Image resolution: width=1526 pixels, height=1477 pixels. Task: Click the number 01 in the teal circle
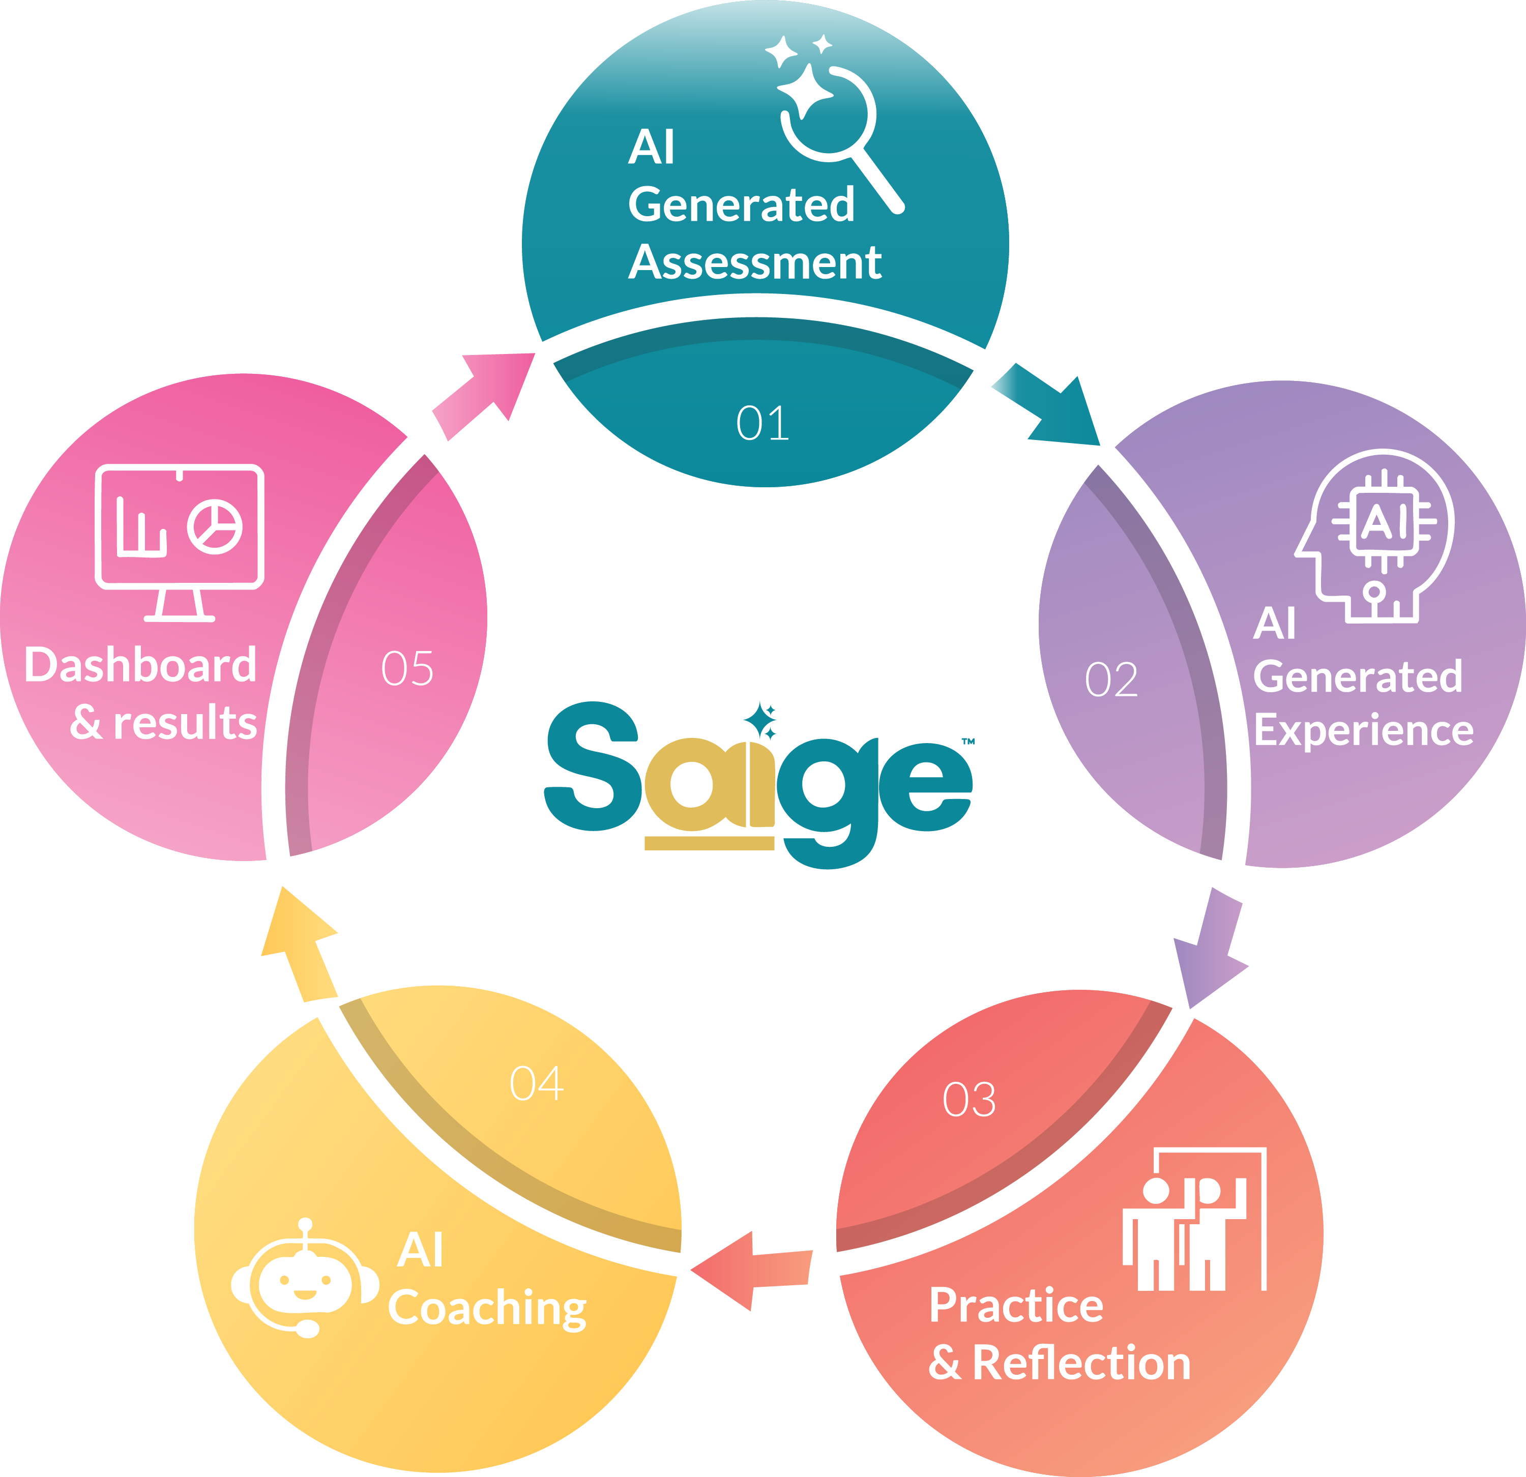(762, 424)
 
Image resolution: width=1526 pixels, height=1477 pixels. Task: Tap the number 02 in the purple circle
(1111, 680)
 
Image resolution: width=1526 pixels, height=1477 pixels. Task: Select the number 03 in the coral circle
(969, 1100)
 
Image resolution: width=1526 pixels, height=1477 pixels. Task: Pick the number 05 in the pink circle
(407, 668)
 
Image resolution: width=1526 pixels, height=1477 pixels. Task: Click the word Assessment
(755, 262)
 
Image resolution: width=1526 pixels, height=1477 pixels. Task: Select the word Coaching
(487, 1309)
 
